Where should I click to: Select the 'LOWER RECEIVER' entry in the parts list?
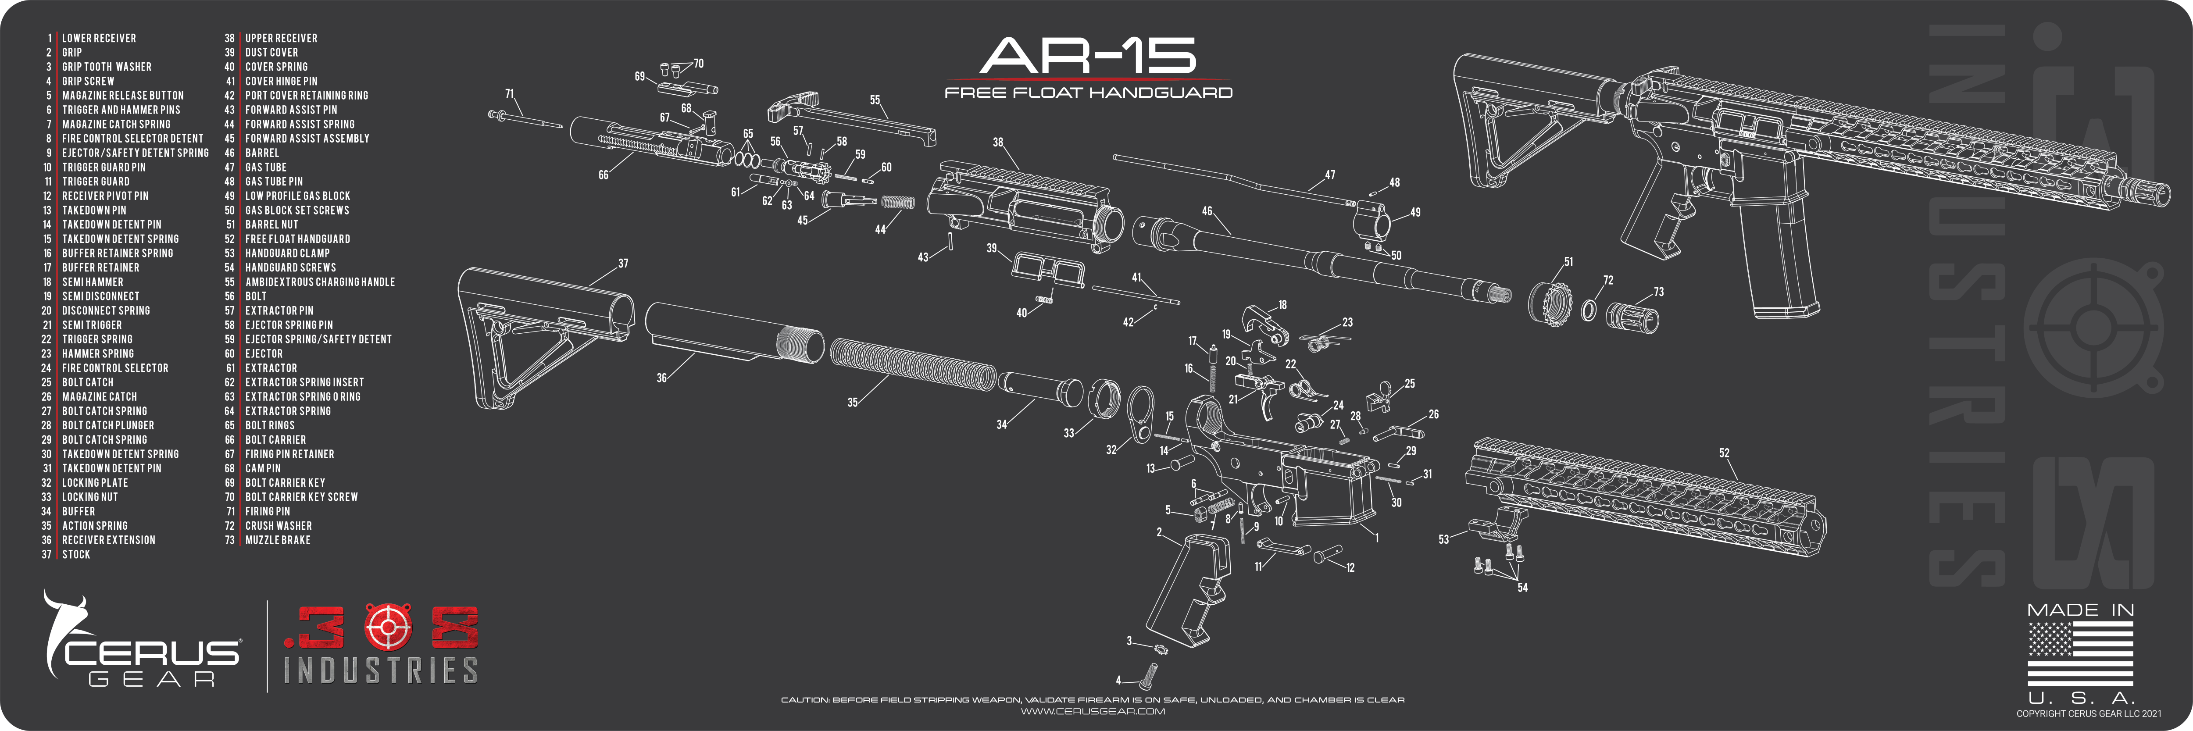99,38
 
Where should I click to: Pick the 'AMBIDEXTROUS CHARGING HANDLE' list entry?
320,282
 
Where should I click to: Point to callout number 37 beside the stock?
623,264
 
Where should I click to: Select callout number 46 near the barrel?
1206,211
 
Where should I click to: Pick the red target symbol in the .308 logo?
387,627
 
